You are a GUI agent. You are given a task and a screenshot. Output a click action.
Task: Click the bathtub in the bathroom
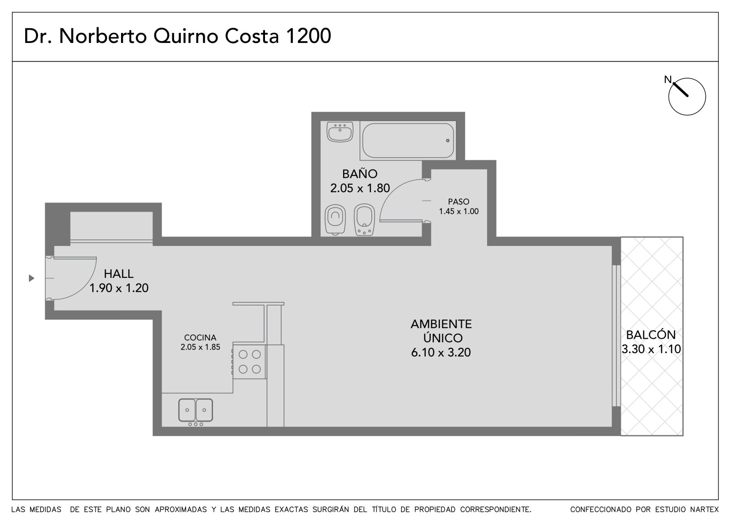(x=408, y=140)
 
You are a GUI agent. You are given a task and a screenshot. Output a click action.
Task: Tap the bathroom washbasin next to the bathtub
(x=340, y=132)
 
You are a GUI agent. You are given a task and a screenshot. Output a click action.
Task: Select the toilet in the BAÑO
(x=335, y=219)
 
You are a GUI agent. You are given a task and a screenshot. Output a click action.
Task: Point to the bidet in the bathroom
(x=364, y=219)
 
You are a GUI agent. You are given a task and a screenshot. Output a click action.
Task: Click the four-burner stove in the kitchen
(x=249, y=362)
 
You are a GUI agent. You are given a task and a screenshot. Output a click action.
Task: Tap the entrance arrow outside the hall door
(x=32, y=278)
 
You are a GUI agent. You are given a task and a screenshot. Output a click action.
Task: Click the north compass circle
(x=687, y=96)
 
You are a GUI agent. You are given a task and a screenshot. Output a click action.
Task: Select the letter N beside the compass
(x=667, y=80)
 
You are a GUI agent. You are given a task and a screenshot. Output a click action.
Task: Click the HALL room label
(x=119, y=274)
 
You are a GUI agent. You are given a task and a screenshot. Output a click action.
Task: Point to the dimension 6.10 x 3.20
(x=441, y=352)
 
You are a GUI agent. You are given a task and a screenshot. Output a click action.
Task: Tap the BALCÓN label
(x=651, y=335)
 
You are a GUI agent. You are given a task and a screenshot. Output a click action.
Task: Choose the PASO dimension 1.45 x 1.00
(x=459, y=211)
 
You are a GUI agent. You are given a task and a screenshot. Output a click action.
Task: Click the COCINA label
(x=200, y=337)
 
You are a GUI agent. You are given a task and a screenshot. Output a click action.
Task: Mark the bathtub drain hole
(x=448, y=140)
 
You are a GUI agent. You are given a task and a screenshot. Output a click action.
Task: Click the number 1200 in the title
(x=308, y=36)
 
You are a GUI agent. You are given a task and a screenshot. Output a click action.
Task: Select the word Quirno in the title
(x=185, y=36)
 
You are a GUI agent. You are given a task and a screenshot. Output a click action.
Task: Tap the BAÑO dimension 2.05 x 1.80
(x=360, y=188)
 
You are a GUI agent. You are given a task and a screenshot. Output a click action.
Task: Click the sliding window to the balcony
(x=616, y=336)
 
